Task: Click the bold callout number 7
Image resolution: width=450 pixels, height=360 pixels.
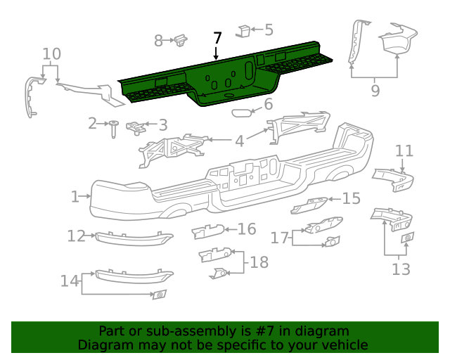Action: point(217,38)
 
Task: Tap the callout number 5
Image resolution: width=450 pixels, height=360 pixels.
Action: point(269,30)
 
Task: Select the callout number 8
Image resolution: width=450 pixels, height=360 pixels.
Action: point(158,41)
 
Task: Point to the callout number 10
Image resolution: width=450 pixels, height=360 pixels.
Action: point(51,54)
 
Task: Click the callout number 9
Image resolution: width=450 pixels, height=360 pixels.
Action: point(375,91)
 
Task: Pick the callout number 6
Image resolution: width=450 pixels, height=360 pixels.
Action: point(268,104)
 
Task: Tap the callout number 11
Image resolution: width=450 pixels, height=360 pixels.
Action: point(404,151)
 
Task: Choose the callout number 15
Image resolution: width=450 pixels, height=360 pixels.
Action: point(352,199)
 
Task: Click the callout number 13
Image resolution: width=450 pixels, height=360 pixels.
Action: point(401,269)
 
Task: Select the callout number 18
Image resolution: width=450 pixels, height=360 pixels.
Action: point(259,262)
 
